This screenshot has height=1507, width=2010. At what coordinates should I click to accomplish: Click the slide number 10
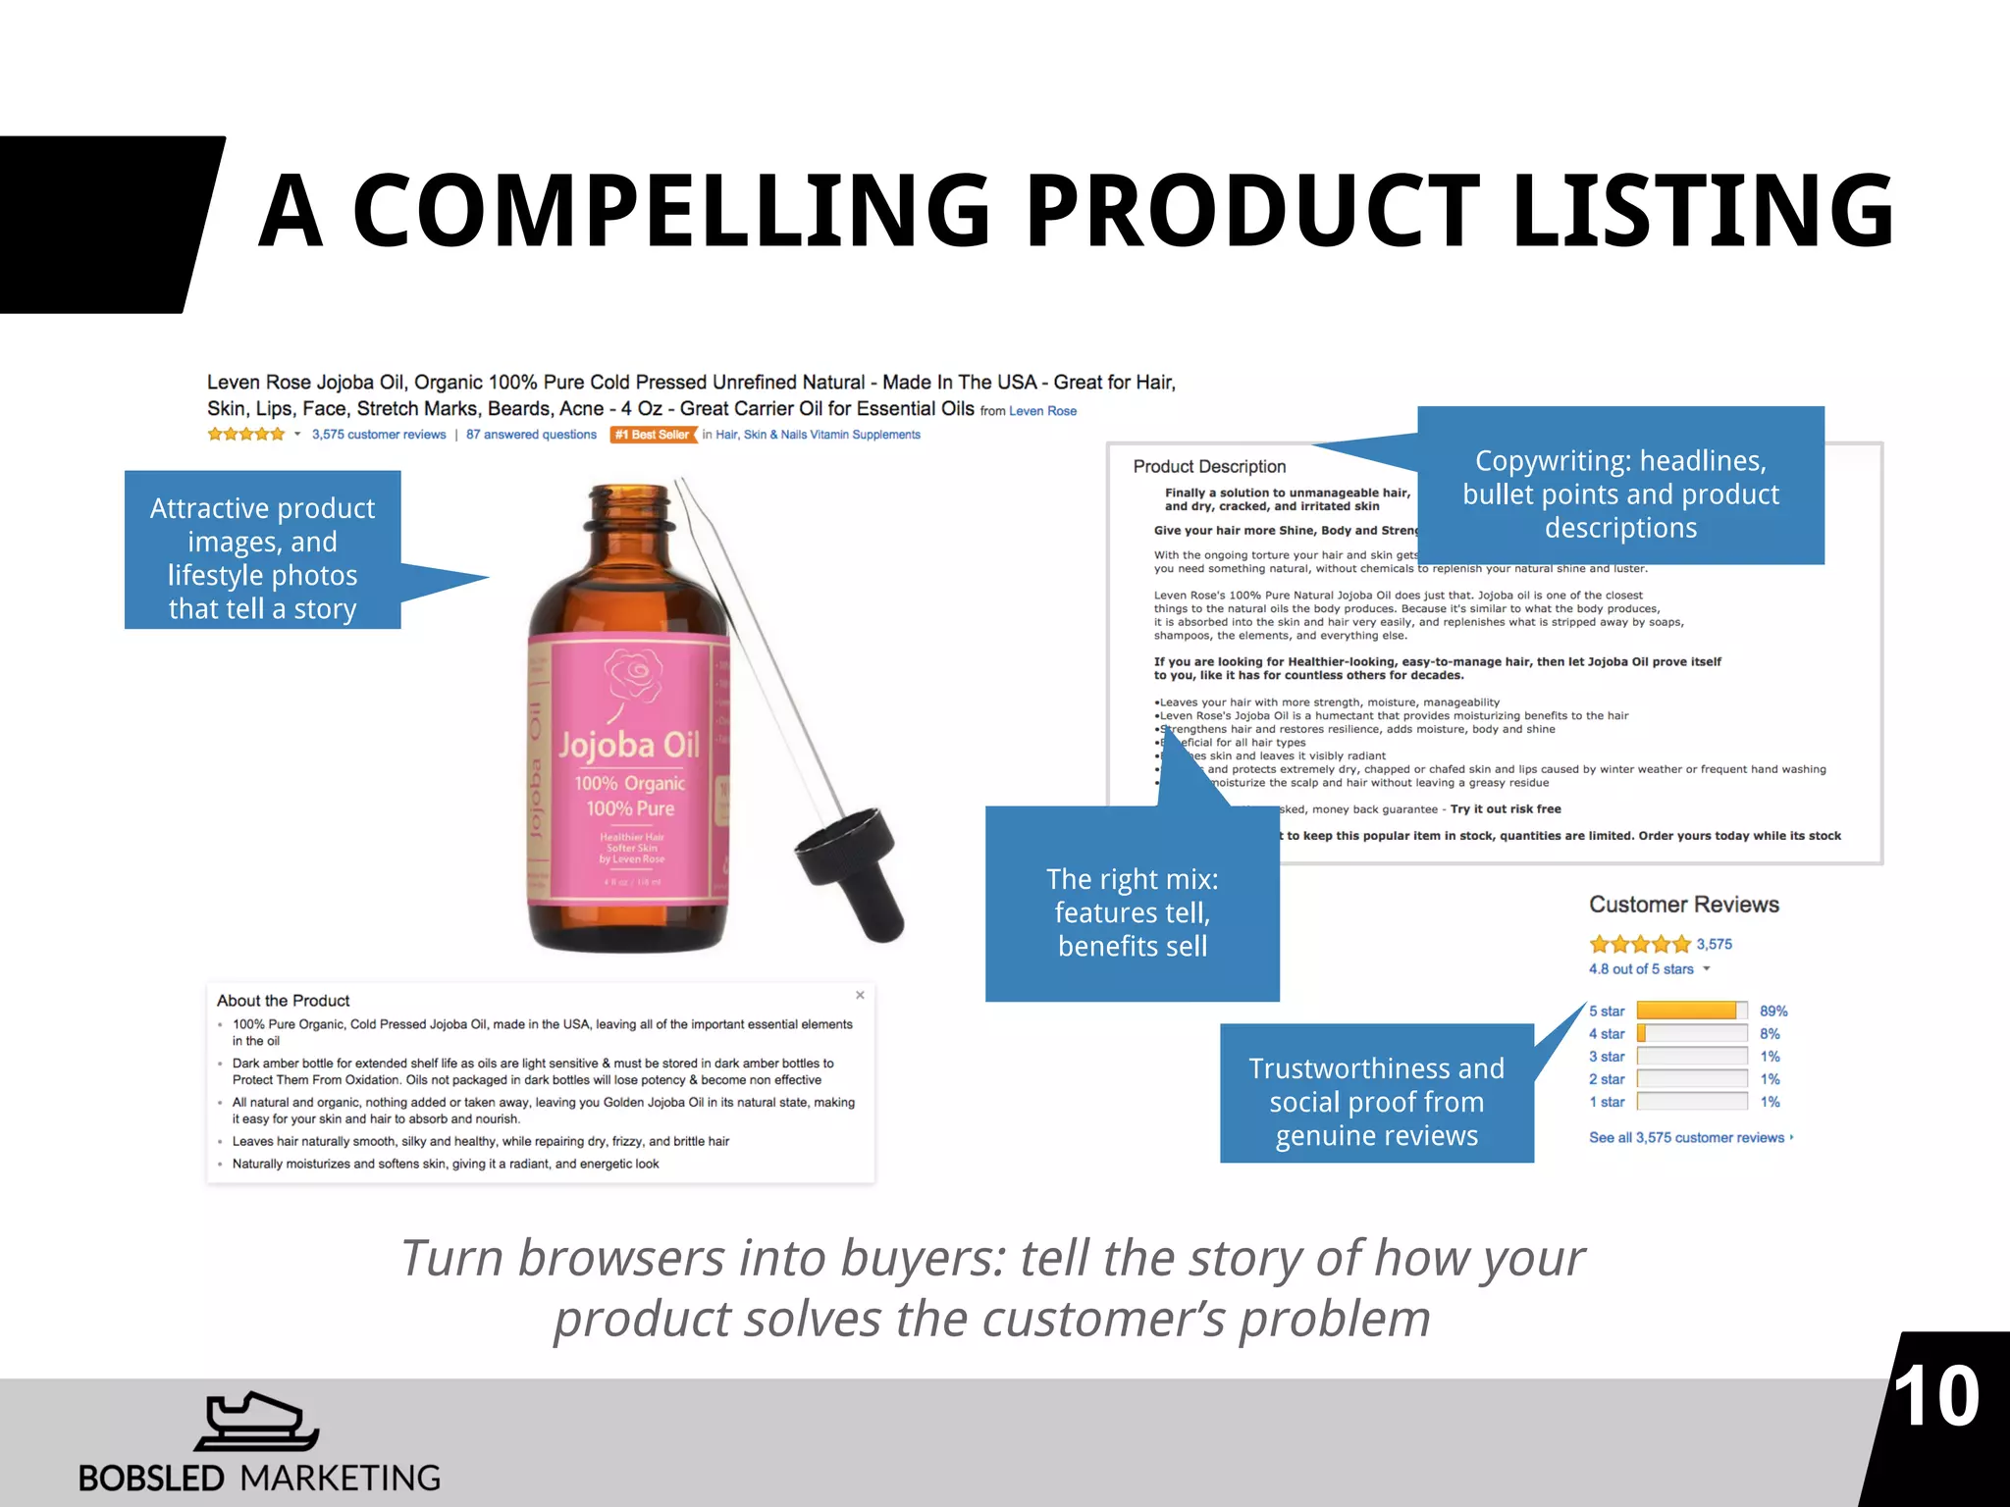(1935, 1397)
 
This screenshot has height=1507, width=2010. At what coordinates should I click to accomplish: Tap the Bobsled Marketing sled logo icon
(257, 1422)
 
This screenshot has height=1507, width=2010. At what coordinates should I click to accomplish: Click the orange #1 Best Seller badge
(653, 435)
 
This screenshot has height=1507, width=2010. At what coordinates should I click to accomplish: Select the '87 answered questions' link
(531, 435)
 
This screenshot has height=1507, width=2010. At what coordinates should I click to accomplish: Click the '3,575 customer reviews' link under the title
(378, 435)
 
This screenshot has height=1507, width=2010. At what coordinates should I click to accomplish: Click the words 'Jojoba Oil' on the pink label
(629, 746)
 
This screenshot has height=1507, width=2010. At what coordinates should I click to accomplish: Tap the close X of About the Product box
(860, 995)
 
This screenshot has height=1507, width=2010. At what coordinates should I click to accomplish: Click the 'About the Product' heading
(283, 1001)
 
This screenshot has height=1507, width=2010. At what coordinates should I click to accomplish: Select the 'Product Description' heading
(1209, 467)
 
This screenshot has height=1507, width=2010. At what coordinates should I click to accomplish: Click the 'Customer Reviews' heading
(1683, 905)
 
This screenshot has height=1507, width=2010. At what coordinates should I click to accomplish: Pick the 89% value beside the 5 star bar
(1773, 1011)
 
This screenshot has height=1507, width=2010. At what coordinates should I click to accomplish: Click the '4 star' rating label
(1607, 1034)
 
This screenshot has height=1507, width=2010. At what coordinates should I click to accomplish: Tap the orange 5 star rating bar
(1686, 1011)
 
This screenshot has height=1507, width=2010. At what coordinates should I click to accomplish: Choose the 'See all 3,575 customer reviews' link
(1686, 1138)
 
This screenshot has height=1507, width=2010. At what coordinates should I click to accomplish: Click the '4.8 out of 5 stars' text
(1641, 969)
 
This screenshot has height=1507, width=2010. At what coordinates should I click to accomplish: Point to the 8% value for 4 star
(1770, 1034)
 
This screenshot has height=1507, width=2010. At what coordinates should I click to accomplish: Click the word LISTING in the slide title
(1703, 211)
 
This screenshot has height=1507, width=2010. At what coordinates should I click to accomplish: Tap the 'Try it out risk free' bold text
(1506, 809)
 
